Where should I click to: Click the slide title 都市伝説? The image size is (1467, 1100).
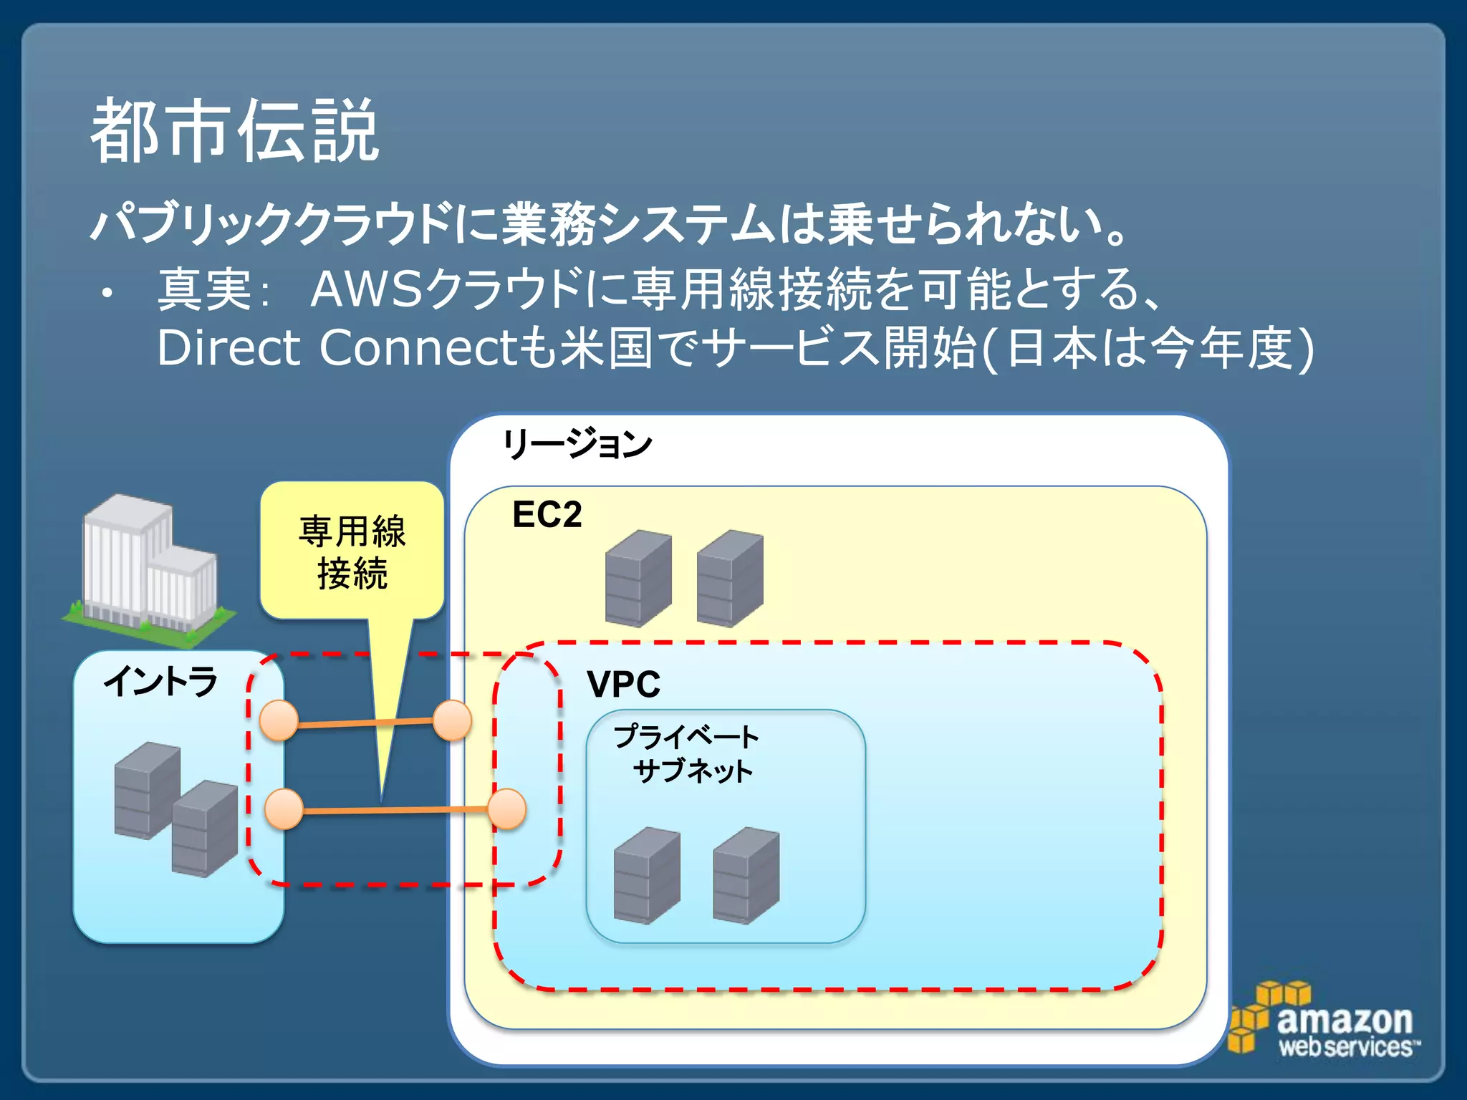coord(234,131)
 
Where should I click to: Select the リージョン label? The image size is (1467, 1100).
coord(577,444)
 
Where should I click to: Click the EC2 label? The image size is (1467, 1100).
coord(547,515)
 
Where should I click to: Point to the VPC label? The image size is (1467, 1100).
coord(623,684)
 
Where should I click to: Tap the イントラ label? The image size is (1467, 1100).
coord(160,681)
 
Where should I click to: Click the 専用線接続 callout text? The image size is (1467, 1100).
coord(352,552)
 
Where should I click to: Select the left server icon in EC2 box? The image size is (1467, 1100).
coord(638,578)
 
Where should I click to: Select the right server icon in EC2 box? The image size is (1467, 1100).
coord(729,578)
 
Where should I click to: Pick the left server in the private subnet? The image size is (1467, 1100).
coord(647,875)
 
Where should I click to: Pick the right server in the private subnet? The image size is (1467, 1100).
coord(746,875)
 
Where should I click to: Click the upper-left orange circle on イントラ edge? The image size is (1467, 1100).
coord(279,720)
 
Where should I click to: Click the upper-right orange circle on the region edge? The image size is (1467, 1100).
coord(452,720)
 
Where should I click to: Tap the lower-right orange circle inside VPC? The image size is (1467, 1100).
coord(507,809)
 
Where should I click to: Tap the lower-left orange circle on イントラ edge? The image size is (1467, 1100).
coord(284,809)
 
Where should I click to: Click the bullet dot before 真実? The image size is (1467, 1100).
coord(107,293)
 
